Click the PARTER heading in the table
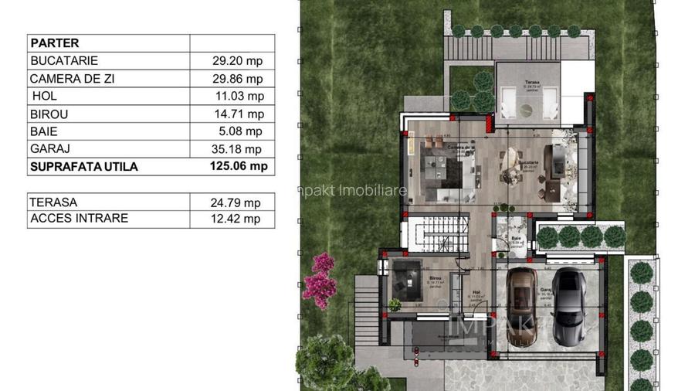tap(54, 43)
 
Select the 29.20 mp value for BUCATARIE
tap(238, 61)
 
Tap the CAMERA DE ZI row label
tap(72, 79)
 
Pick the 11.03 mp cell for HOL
tap(239, 97)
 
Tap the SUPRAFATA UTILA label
tap(84, 166)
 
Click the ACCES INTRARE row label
tap(79, 219)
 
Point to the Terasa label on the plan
tap(531, 82)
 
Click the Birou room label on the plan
tap(435, 277)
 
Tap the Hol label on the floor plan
tap(476, 293)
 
